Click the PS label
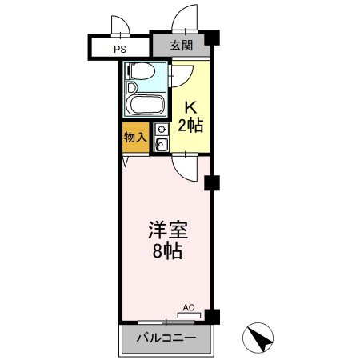click(x=119, y=49)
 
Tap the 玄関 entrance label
click(x=182, y=46)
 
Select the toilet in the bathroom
click(x=140, y=73)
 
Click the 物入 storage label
click(x=135, y=138)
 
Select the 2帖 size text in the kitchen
click(x=190, y=125)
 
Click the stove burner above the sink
click(x=161, y=130)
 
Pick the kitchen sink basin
click(x=161, y=145)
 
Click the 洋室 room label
click(x=167, y=232)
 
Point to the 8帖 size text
click(x=167, y=252)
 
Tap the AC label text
click(x=189, y=306)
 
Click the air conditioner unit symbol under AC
click(x=189, y=314)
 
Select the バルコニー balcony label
click(x=166, y=338)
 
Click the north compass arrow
click(x=261, y=339)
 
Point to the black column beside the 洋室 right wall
click(x=212, y=183)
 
